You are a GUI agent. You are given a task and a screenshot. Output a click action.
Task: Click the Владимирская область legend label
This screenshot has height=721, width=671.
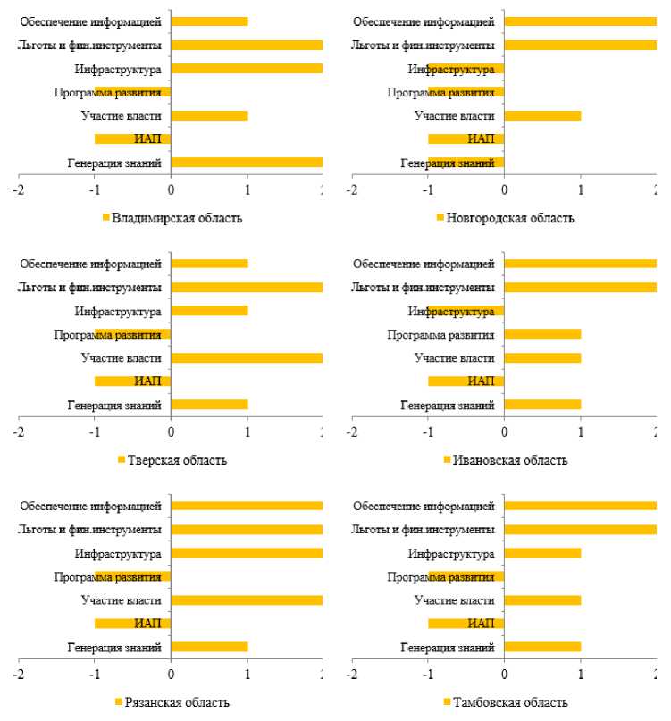click(x=177, y=218)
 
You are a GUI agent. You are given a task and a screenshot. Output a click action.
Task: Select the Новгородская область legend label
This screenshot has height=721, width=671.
click(x=509, y=218)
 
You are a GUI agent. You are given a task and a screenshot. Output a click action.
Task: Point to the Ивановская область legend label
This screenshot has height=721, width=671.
click(x=509, y=460)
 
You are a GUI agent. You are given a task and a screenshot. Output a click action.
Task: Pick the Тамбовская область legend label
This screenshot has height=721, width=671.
click(x=509, y=702)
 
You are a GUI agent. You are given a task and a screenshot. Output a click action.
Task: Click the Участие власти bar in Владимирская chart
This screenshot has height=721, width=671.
click(x=209, y=115)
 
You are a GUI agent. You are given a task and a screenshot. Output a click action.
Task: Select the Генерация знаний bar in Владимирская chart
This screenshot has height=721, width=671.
click(x=247, y=163)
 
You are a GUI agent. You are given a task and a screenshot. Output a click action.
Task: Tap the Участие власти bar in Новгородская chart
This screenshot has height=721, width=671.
click(x=542, y=115)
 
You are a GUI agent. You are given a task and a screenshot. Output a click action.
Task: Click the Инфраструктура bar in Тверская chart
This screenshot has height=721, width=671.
click(x=209, y=311)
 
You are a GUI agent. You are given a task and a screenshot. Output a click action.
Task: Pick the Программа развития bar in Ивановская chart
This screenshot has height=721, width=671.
click(x=542, y=334)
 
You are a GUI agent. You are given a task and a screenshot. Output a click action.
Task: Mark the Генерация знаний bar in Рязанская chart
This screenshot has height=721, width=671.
click(x=209, y=647)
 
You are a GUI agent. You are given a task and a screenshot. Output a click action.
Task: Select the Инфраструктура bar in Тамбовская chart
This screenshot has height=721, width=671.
click(x=542, y=553)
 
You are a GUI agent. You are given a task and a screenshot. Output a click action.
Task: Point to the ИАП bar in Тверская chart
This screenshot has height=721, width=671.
click(x=132, y=381)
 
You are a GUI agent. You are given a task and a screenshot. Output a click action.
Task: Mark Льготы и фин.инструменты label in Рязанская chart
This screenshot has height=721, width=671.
click(x=89, y=530)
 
